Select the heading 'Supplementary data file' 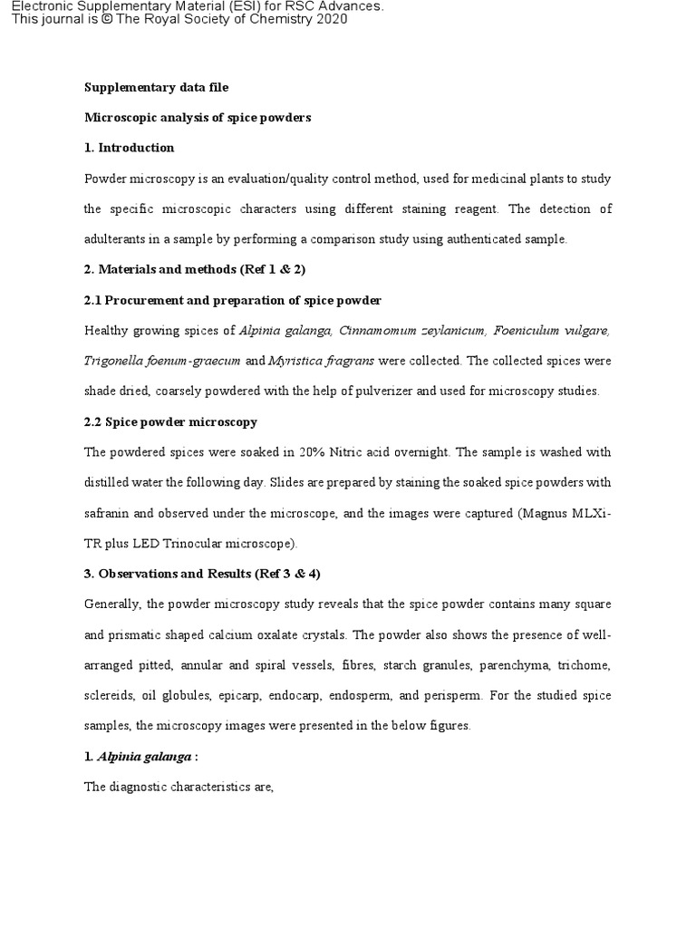click(156, 88)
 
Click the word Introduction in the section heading click(136, 148)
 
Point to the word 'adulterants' click(115, 239)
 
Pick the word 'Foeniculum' click(533, 331)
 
